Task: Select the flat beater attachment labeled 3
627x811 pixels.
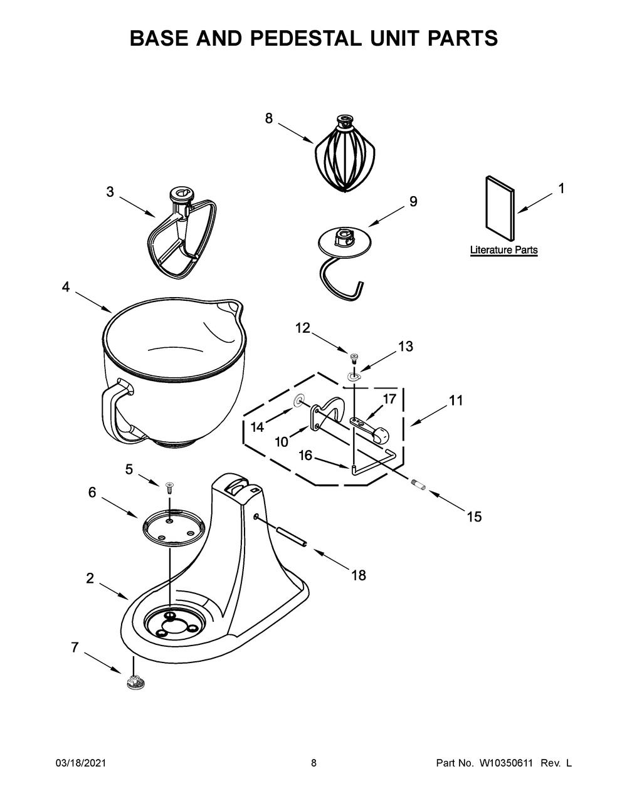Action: point(178,235)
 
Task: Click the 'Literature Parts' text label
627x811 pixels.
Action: point(503,250)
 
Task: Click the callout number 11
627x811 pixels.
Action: point(456,400)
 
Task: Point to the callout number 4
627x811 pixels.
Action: point(65,286)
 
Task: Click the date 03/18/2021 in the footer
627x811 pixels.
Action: point(80,763)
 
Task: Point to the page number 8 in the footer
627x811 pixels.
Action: point(313,763)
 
